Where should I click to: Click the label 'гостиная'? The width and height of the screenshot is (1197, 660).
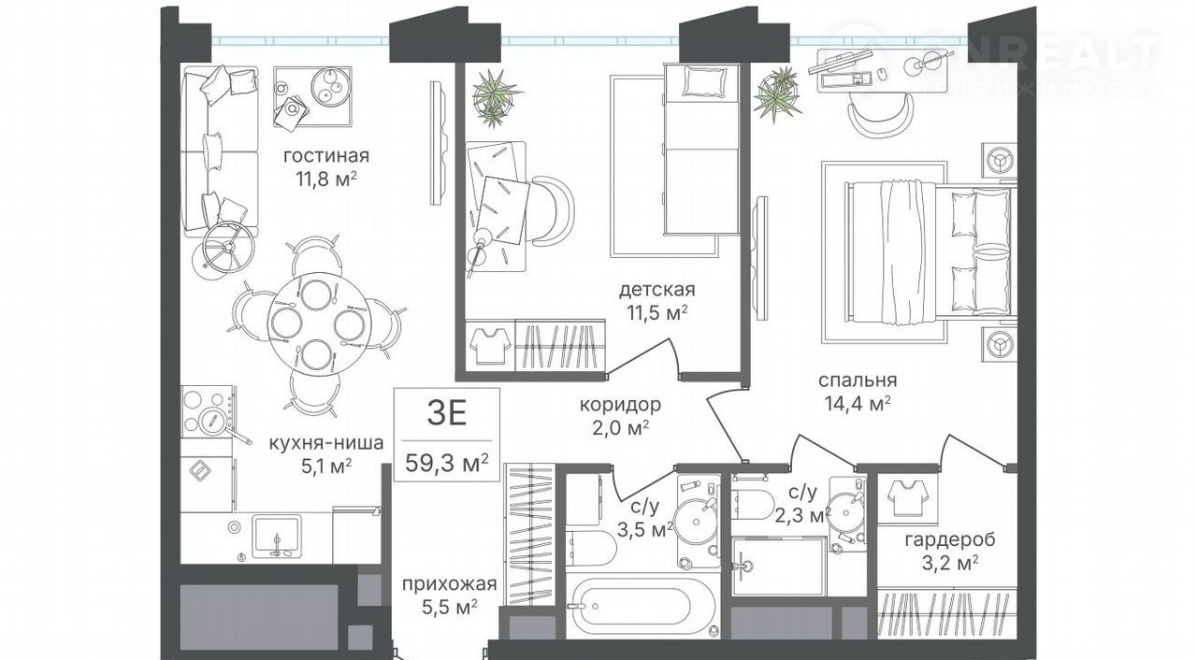coord(326,156)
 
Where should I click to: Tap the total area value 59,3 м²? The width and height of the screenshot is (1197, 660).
coord(447,463)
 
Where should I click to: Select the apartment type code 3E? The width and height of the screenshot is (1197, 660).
coord(447,414)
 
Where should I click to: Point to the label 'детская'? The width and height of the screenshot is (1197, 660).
coord(657,290)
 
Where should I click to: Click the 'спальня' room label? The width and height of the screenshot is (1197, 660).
coord(858,380)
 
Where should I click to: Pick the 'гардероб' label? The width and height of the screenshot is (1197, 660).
coord(950,540)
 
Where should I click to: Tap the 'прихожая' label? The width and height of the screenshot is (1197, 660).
coord(450,584)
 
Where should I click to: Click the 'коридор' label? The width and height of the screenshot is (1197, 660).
coord(620,405)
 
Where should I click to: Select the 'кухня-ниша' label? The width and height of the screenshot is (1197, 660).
coord(326,443)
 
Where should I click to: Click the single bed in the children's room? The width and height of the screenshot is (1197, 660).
coord(701,150)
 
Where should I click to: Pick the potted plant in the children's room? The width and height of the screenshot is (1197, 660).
coord(496,97)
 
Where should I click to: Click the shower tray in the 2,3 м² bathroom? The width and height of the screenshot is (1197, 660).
coord(778,566)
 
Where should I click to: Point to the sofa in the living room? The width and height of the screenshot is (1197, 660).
coord(220,151)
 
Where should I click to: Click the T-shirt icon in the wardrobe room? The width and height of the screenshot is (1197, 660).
coord(907,497)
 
